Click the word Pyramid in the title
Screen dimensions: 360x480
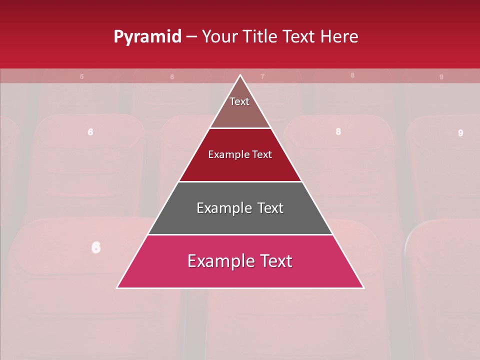pos(147,37)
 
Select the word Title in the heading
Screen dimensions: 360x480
pos(262,37)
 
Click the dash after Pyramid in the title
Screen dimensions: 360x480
pos(191,37)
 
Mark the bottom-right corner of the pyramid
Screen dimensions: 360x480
pos(363,287)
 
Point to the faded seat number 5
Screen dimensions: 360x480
pos(82,76)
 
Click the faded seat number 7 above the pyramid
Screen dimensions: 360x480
pos(262,76)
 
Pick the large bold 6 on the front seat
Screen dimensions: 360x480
pos(96,247)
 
